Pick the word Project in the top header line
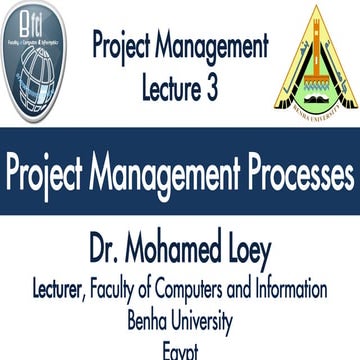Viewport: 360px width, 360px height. click(x=123, y=46)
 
